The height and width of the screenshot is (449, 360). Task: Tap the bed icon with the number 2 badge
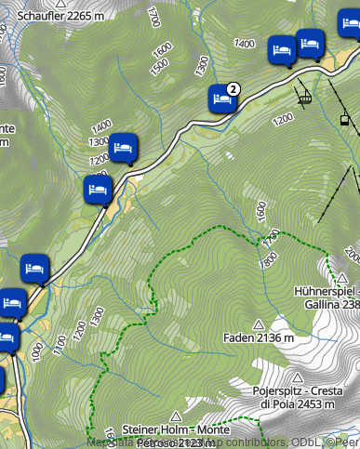tap(221, 98)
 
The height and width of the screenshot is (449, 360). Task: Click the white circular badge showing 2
tap(233, 88)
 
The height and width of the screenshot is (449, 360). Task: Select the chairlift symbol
tap(303, 94)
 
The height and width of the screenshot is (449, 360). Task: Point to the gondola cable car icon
tap(344, 118)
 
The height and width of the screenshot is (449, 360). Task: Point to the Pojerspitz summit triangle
tap(297, 377)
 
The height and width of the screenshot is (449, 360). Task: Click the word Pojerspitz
tap(281, 391)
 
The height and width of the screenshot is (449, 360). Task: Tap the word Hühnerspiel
tap(326, 290)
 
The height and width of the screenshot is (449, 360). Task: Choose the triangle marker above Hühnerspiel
tap(342, 277)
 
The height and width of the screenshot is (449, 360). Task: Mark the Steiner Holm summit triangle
tap(176, 416)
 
